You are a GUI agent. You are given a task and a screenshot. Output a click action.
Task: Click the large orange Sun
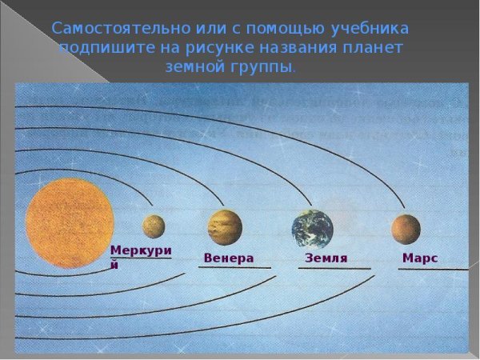70,223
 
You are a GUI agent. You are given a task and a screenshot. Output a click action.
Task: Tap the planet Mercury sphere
154,226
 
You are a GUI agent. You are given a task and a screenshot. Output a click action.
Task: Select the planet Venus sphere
225,226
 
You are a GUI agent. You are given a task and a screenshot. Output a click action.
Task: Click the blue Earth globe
313,229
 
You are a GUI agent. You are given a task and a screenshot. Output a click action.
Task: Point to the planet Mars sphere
406,229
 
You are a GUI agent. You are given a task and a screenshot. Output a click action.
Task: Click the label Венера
229,258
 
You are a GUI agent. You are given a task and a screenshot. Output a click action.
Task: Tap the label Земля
326,258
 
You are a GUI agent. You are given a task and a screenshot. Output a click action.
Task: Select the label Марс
420,258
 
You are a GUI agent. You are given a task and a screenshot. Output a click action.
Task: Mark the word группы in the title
264,68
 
